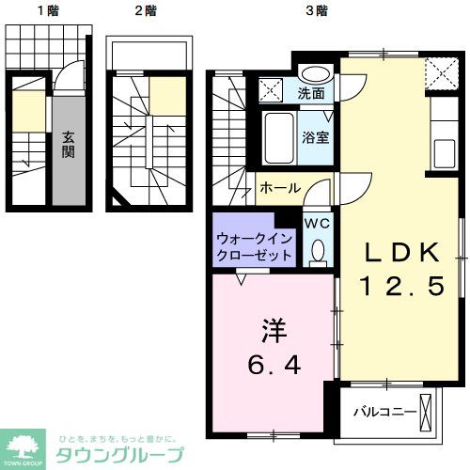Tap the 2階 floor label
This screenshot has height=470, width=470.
pyautogui.click(x=146, y=11)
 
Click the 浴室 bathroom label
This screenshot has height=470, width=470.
pyautogui.click(x=314, y=137)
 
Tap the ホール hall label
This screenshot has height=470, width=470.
pyautogui.click(x=281, y=188)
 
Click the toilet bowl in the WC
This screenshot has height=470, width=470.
pyautogui.click(x=318, y=250)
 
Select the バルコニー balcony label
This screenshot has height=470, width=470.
pyautogui.click(x=384, y=412)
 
